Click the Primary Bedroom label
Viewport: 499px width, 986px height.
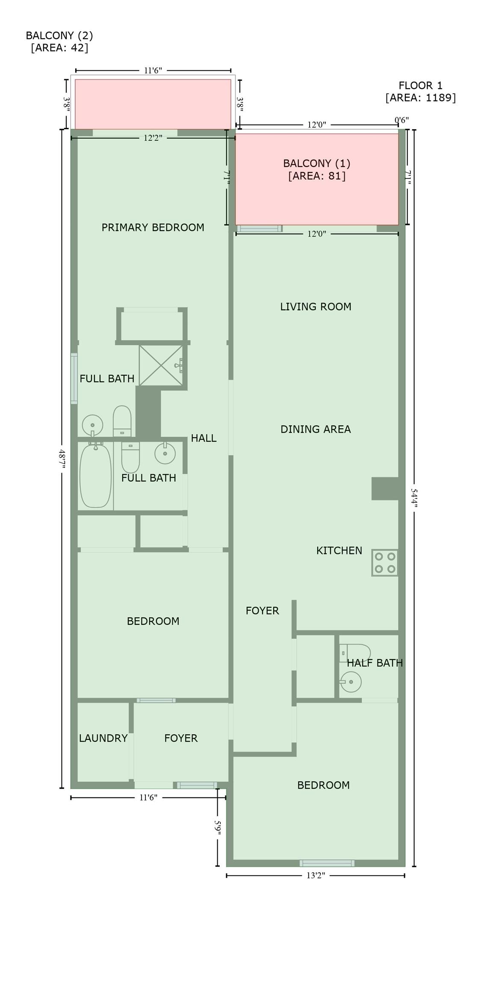(x=153, y=227)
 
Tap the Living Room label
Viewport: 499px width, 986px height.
(x=316, y=306)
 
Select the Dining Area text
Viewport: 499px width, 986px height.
(x=316, y=429)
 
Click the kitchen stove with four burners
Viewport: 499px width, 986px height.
(x=385, y=563)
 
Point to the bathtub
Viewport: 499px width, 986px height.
(x=95, y=476)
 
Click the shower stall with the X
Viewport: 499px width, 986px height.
(x=161, y=365)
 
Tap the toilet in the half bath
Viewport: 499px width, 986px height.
(x=354, y=653)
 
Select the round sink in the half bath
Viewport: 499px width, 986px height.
(x=351, y=682)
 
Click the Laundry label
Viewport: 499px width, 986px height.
(x=103, y=738)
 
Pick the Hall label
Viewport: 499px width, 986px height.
(x=204, y=438)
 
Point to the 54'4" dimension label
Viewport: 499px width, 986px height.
(x=414, y=497)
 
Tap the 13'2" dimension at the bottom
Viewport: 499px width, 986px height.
(x=316, y=875)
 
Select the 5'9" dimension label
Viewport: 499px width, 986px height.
(x=218, y=828)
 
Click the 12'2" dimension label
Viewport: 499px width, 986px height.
(x=153, y=138)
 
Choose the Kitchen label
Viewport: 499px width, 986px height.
(x=339, y=550)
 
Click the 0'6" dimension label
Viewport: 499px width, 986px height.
(x=402, y=120)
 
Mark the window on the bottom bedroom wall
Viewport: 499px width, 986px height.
(x=327, y=863)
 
